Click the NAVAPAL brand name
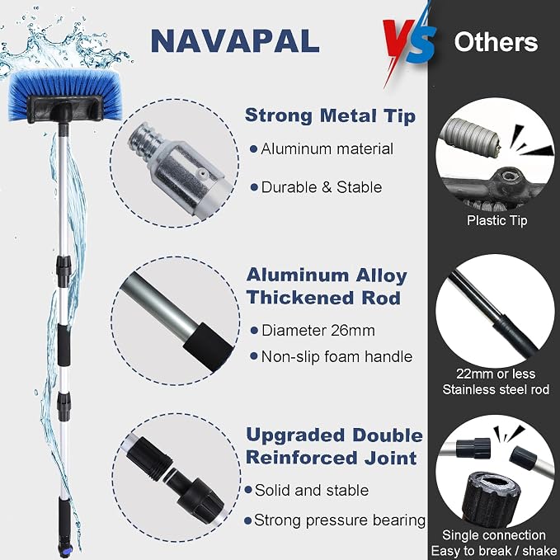coord(235,41)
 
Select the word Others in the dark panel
coord(496,42)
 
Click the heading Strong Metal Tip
coord(331,115)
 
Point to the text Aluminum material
coord(327,149)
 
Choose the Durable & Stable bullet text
coord(322,187)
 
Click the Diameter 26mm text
coord(318,331)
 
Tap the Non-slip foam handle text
coord(336,356)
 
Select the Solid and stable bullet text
coord(312,490)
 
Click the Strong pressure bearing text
coord(340,520)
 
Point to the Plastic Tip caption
coord(497,220)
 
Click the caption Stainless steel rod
coord(496,389)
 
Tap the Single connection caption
coord(494,535)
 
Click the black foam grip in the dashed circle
coord(208,347)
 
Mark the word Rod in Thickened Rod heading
coord(381,298)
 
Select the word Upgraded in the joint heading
coord(295,436)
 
